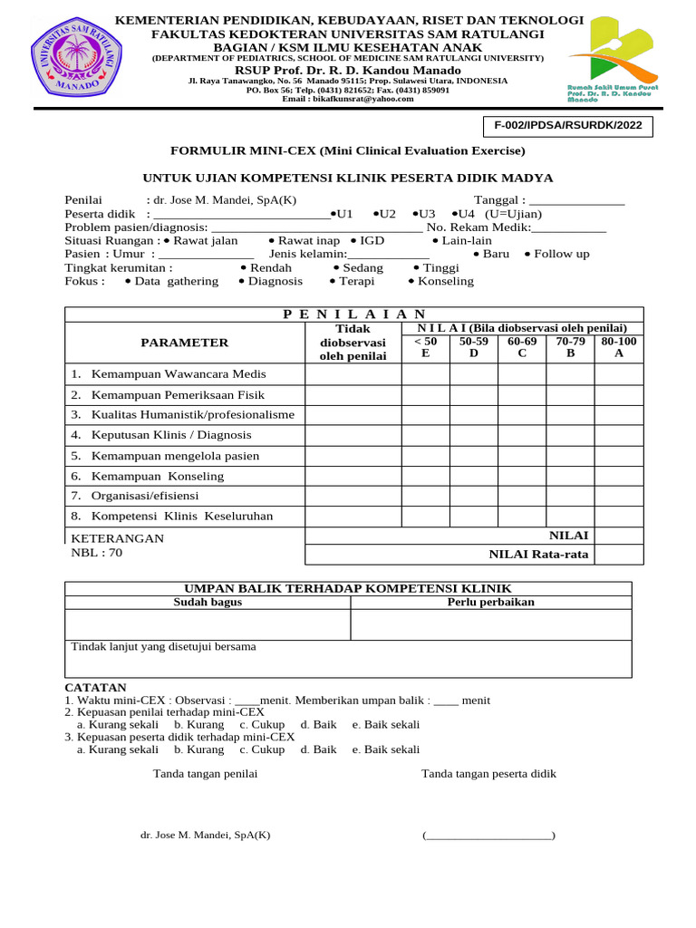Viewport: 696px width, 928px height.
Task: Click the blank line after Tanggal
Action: [576, 200]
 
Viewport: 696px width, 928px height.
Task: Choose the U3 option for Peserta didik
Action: [423, 214]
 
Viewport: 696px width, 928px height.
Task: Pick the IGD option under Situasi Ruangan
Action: [368, 240]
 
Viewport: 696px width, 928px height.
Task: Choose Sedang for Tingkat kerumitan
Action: [359, 267]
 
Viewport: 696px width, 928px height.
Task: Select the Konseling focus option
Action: [441, 281]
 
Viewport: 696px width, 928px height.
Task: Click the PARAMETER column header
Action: [184, 343]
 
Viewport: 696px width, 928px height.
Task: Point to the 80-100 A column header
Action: [619, 347]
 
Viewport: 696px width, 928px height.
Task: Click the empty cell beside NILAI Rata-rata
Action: [619, 555]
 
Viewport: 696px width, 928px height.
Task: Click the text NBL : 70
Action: [96, 552]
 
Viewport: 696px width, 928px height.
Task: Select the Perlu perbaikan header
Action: [490, 602]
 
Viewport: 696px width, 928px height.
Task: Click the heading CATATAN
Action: [95, 688]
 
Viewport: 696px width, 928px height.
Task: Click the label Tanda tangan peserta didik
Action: [488, 773]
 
